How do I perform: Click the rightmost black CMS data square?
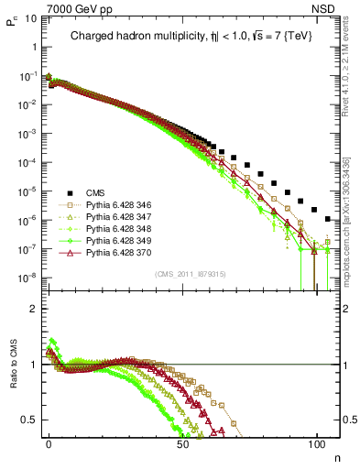pos(329,218)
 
